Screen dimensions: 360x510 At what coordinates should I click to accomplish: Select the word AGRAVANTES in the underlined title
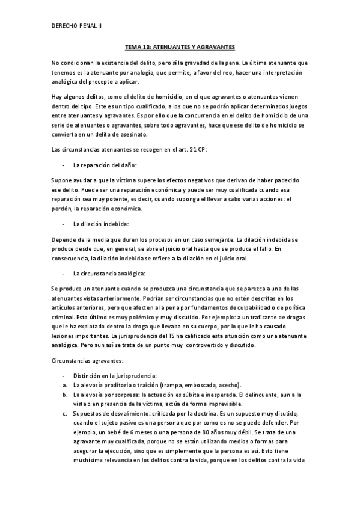215,46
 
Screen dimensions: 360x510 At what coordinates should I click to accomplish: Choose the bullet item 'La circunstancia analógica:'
101,273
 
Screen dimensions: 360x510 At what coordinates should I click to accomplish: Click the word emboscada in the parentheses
193,385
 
